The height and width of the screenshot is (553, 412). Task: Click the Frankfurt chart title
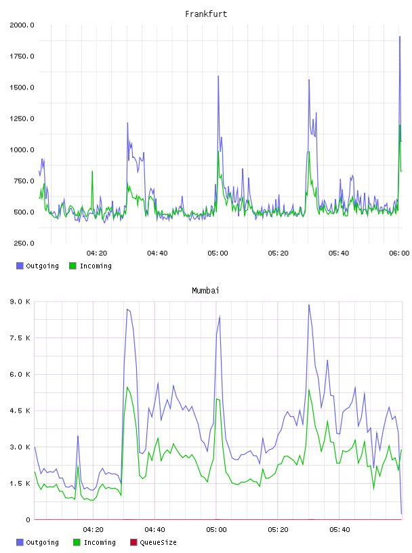coord(206,14)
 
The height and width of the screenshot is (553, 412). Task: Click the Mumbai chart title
coord(205,291)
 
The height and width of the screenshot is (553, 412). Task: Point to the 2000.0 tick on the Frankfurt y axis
coord(22,25)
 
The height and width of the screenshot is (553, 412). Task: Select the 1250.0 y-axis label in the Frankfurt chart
coord(22,119)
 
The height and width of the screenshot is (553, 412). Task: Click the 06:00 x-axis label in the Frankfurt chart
coord(399,253)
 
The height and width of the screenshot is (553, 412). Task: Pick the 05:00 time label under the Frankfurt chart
coord(218,253)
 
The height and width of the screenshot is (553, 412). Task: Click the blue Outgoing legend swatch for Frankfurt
coord(20,266)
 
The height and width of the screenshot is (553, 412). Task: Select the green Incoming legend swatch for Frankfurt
coord(73,266)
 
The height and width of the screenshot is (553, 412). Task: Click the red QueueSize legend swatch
coord(133,542)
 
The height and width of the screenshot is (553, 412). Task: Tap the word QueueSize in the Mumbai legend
coord(158,542)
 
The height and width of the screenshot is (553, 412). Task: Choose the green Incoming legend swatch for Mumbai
coord(77,542)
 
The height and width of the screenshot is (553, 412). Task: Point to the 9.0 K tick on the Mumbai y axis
coord(20,302)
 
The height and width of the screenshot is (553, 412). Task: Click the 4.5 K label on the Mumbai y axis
coord(20,411)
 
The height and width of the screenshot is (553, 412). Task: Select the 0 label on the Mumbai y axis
coord(28,520)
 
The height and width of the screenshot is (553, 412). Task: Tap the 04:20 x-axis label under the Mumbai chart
coord(93,530)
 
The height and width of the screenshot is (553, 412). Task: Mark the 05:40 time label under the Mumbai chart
coord(339,530)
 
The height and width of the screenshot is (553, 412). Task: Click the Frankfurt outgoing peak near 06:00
coord(400,37)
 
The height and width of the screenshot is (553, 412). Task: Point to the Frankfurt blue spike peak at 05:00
coord(218,76)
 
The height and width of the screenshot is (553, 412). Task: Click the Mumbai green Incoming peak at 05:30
coord(309,390)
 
